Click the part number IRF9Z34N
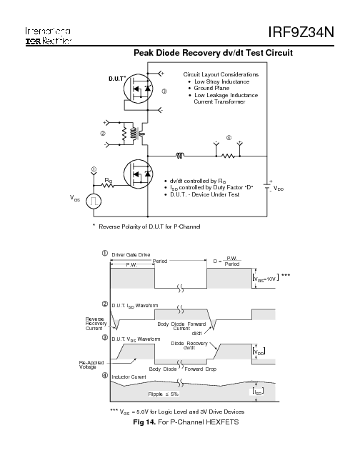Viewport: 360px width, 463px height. point(311,34)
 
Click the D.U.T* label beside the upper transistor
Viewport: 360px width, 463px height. point(118,76)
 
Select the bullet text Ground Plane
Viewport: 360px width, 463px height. point(213,88)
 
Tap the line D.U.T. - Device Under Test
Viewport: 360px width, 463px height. point(204,194)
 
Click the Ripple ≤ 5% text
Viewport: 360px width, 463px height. point(164,394)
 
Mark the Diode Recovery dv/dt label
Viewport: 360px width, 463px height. point(189,346)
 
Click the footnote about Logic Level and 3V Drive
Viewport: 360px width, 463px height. point(191,412)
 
